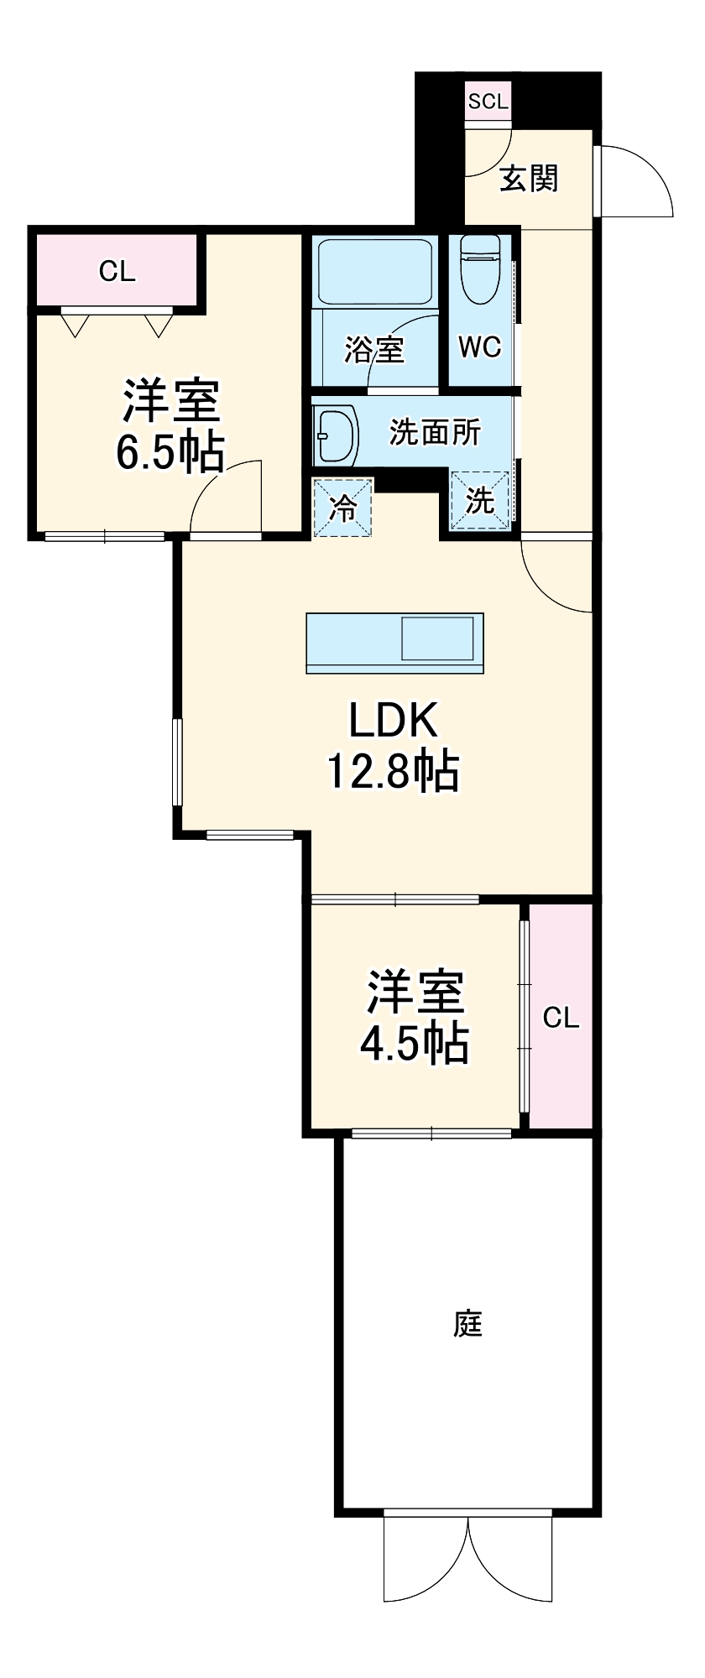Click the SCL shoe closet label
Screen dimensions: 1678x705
click(x=488, y=102)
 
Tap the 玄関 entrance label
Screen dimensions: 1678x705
click(x=529, y=178)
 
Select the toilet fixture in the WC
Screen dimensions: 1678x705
click(x=480, y=268)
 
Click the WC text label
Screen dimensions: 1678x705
click(x=480, y=347)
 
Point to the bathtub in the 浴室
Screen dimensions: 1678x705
click(x=375, y=273)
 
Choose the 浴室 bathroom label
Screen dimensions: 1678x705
click(x=374, y=349)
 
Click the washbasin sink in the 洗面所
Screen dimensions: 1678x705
click(x=336, y=435)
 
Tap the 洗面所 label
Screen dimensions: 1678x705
click(x=435, y=432)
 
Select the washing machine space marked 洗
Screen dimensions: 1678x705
click(x=480, y=501)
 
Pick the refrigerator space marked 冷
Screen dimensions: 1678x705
click(x=342, y=508)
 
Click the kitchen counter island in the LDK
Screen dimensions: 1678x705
click(x=394, y=643)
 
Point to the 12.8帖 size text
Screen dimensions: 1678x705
click(x=393, y=772)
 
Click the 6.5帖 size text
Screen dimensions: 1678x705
click(x=170, y=453)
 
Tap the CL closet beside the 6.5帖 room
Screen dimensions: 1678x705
click(x=117, y=271)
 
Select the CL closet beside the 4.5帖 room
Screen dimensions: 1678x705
click(x=561, y=1018)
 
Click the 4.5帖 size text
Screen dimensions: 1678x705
click(x=415, y=1045)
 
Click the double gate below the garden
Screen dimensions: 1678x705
click(x=468, y=1556)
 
